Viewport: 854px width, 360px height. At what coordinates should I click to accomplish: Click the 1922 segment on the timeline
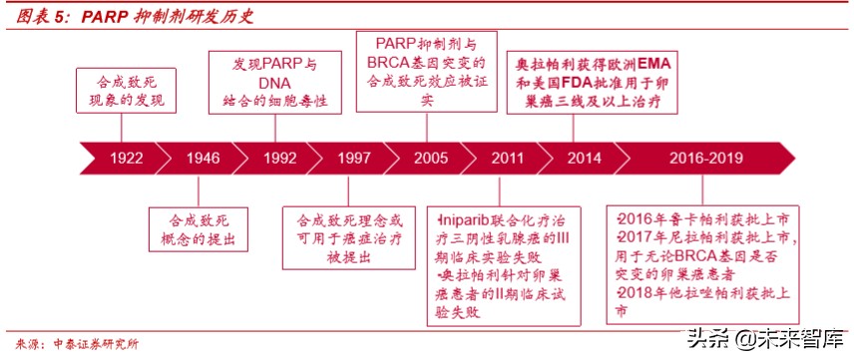(x=126, y=158)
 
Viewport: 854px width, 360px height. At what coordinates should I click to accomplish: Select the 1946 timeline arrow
(x=203, y=158)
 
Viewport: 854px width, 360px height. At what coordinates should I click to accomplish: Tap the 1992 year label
(x=280, y=158)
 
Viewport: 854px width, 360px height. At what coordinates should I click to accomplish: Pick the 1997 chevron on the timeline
(x=354, y=158)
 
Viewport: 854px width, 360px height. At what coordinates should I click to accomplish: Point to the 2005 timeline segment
(x=431, y=158)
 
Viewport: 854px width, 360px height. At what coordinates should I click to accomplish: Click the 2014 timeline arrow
(x=584, y=158)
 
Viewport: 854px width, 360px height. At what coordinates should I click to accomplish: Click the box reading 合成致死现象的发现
(x=123, y=93)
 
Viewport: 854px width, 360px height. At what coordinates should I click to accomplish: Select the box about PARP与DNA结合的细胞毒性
(x=274, y=83)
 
